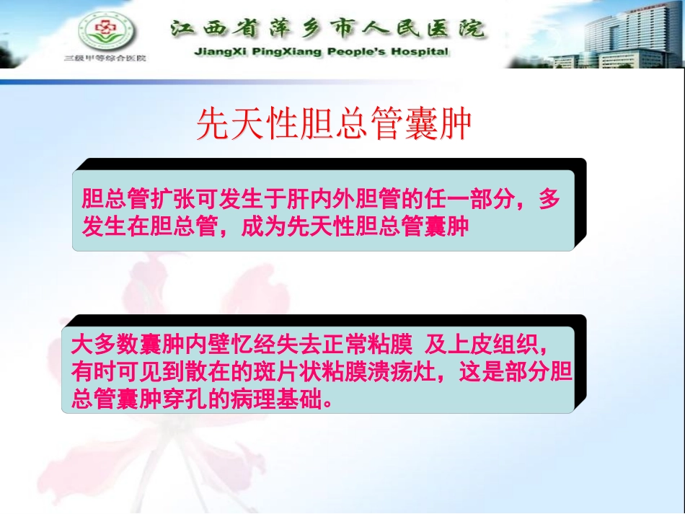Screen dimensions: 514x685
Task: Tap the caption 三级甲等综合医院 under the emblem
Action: click(x=105, y=57)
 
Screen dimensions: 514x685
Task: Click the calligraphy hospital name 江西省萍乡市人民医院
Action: click(x=327, y=29)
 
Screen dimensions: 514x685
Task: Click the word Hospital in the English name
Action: click(x=418, y=52)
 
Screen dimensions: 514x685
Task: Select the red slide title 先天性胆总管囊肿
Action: click(x=334, y=125)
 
